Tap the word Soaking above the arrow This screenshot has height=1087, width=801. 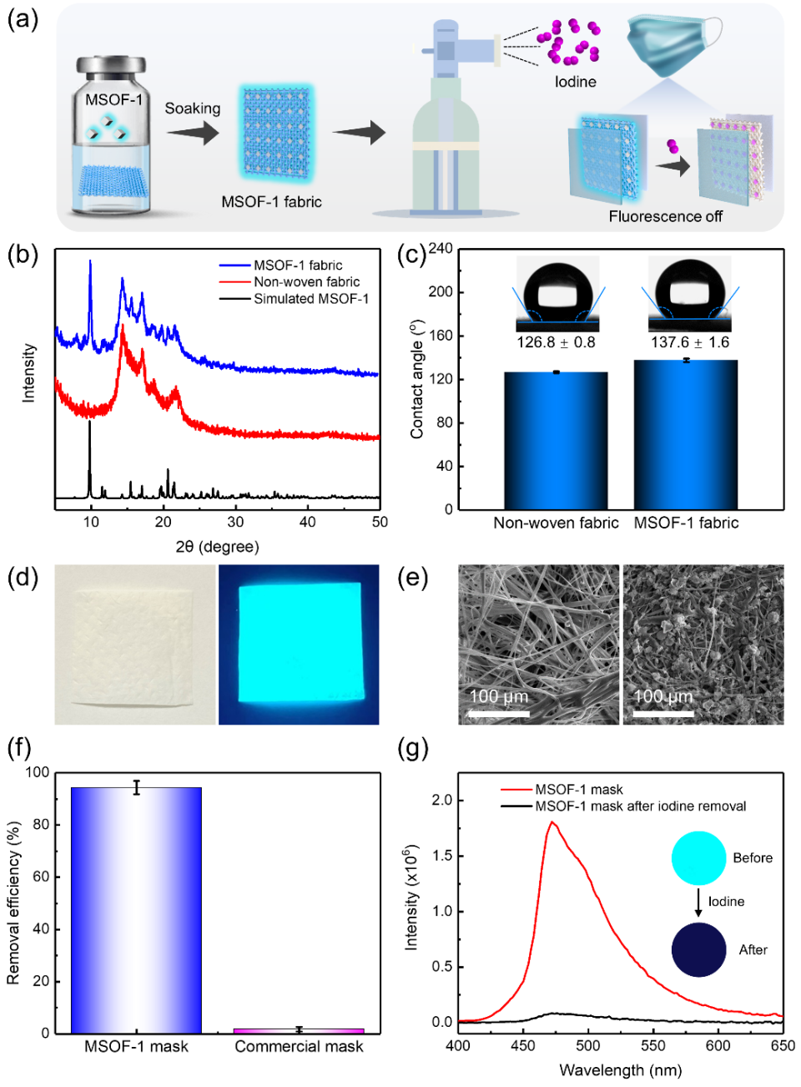point(193,109)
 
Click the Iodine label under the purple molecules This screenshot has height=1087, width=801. point(576,82)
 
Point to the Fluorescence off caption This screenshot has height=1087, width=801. point(665,217)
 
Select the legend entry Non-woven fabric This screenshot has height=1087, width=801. point(306,282)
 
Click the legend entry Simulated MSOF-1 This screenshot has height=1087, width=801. point(310,299)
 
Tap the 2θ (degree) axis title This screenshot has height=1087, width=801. point(217,547)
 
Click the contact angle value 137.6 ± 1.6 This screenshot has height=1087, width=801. point(690,342)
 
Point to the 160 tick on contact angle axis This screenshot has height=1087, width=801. point(441,336)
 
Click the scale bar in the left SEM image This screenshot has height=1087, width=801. point(499,714)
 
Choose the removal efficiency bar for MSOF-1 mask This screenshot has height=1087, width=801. point(136,910)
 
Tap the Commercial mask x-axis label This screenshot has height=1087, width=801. point(299,1047)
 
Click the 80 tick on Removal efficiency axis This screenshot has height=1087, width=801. point(38,825)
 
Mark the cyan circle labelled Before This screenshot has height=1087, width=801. point(698,858)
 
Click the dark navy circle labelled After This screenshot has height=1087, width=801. point(698,950)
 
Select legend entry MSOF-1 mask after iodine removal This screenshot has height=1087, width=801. point(640,806)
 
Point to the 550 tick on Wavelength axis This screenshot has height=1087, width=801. point(653,1045)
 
